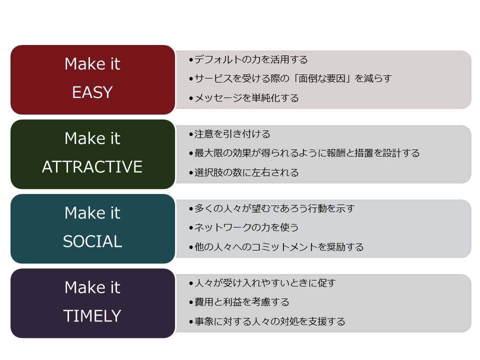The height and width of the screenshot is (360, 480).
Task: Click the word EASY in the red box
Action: [92, 92]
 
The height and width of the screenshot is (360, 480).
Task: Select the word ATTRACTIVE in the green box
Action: [92, 167]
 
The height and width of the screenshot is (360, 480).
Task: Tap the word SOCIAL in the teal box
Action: [92, 241]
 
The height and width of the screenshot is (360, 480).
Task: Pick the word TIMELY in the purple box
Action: [92, 316]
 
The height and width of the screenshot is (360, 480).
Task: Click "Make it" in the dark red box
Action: [92, 63]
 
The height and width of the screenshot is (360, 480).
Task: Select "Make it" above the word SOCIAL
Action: [92, 213]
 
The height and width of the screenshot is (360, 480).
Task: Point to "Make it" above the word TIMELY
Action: [92, 287]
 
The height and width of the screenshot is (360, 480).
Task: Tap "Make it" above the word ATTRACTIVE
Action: [92, 138]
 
